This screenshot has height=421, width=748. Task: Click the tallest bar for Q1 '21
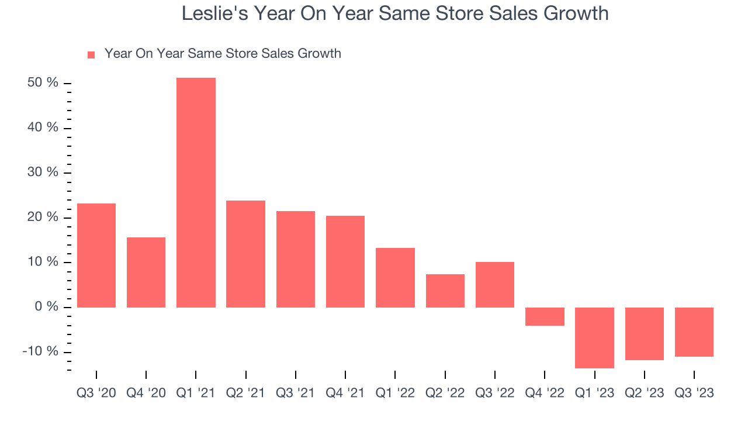coord(196,193)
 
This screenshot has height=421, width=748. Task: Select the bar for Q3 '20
coord(96,256)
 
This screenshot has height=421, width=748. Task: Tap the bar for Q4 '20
coord(146,272)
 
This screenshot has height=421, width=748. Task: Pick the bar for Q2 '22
coord(445,291)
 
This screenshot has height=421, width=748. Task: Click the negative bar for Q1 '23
coord(594,337)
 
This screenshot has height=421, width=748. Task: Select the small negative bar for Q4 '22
coord(545,316)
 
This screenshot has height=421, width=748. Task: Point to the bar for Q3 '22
coord(494,285)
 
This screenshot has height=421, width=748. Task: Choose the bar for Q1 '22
coord(395,278)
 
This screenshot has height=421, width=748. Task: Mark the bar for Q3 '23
coord(694,332)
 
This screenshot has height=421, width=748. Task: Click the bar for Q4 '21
coord(345,261)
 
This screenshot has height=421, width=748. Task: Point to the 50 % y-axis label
coord(43,83)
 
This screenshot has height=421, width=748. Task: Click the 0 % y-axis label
coord(46,307)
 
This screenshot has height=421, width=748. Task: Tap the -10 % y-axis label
coord(40,351)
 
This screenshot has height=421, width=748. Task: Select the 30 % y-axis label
coord(43,172)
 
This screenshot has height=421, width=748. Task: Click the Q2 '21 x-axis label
coord(245,393)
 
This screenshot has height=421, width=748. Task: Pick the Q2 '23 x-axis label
coord(644,393)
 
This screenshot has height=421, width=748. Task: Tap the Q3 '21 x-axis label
coord(295,393)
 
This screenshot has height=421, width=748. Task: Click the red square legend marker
coord(91,55)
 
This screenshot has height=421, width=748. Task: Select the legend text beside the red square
coord(223,54)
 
